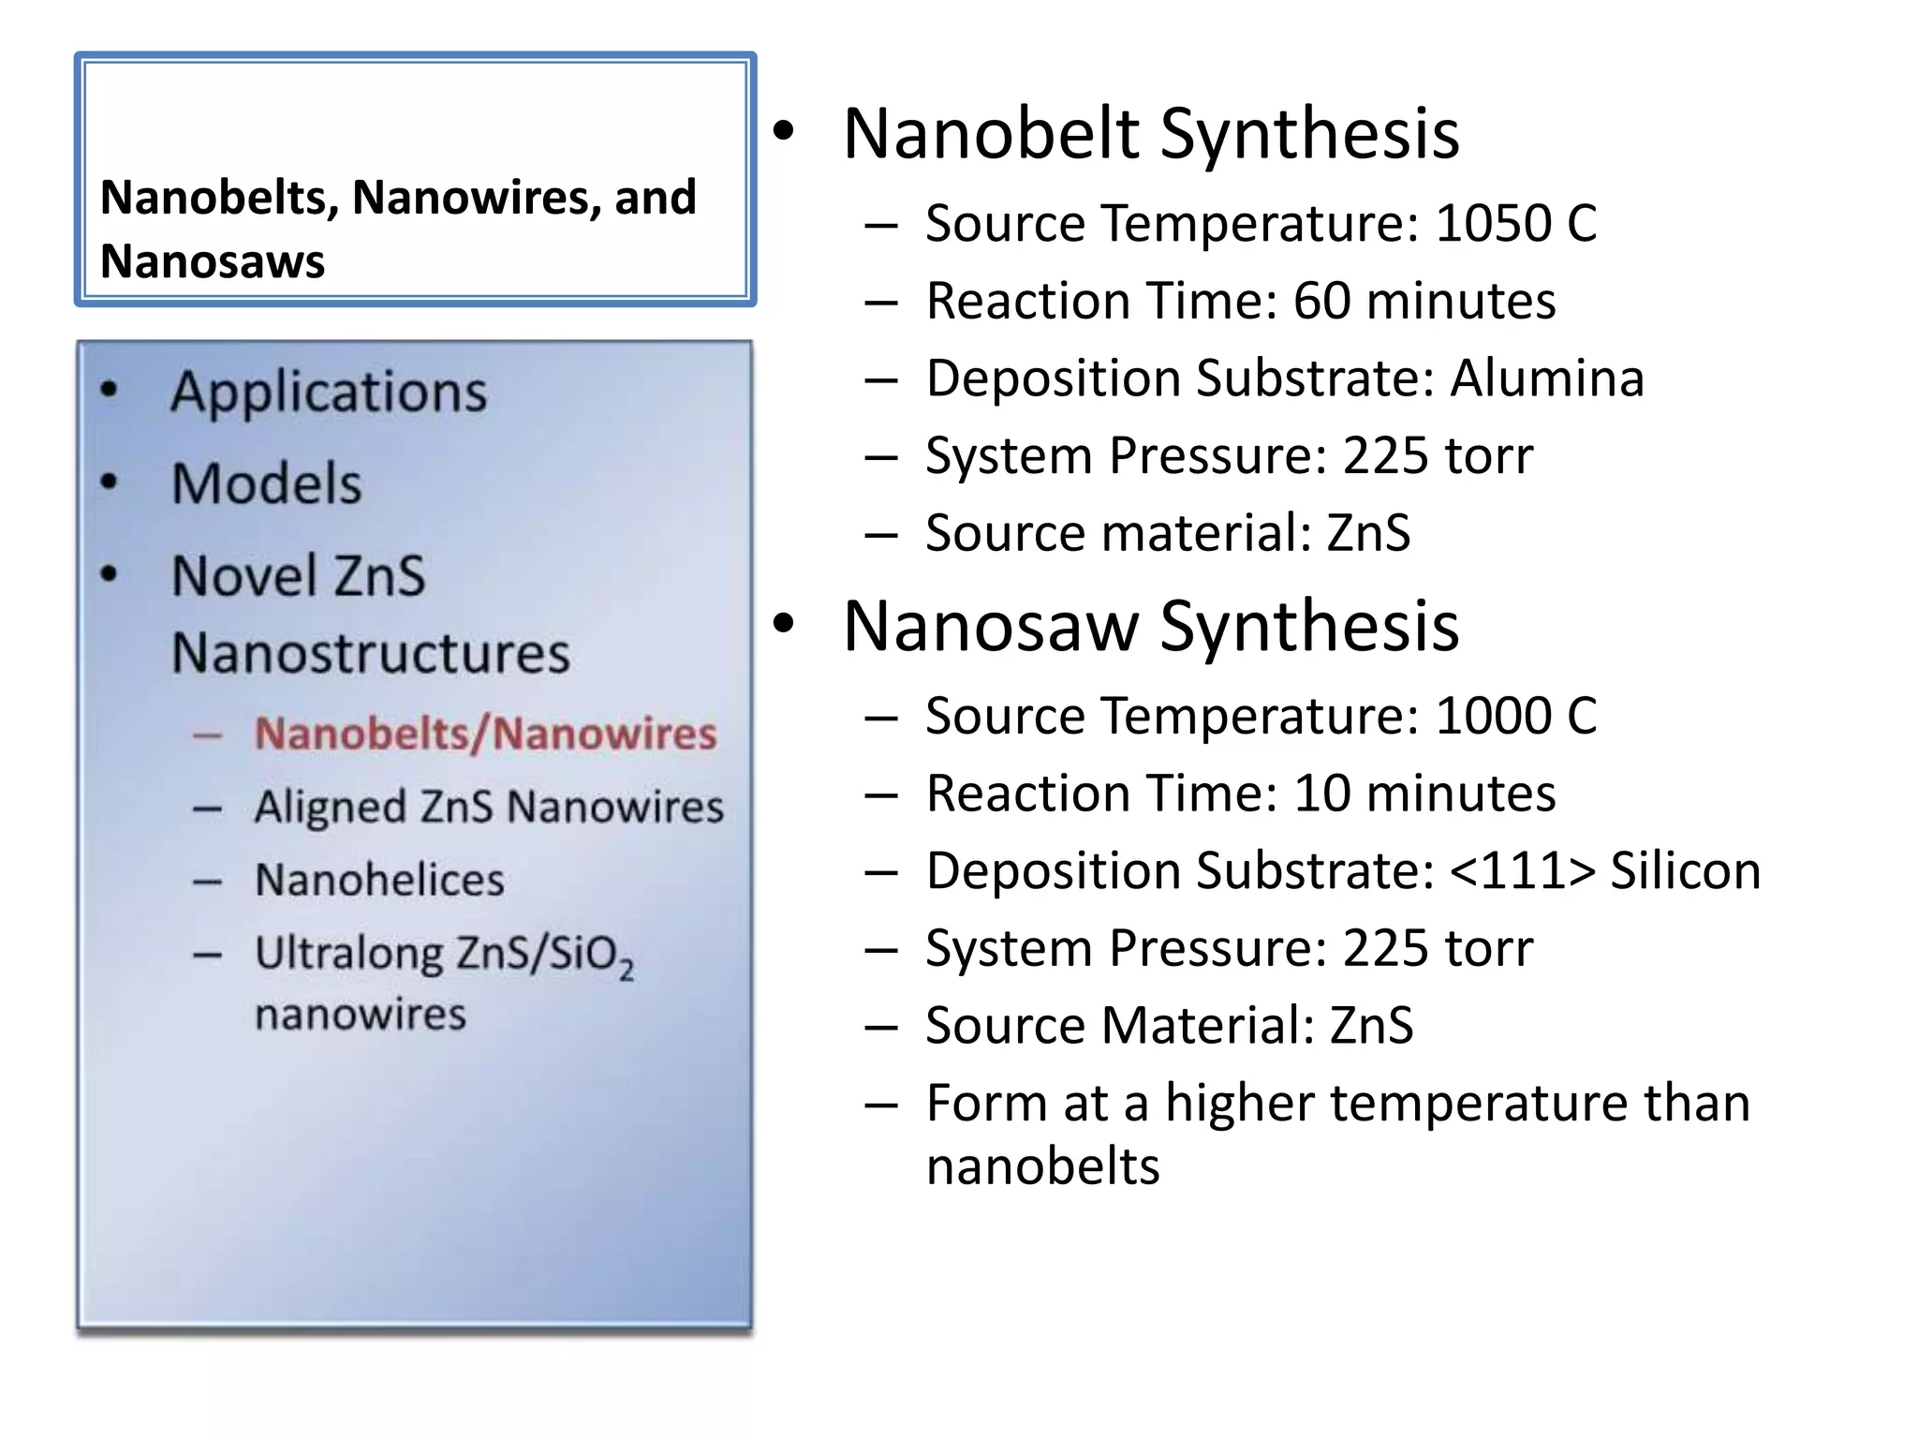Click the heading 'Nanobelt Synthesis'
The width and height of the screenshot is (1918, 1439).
point(1150,134)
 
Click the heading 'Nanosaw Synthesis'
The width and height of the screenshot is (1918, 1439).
point(1150,626)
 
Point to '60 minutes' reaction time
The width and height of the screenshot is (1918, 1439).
point(1424,302)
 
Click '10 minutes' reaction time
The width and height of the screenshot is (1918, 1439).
point(1424,794)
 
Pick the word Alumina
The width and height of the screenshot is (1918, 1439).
point(1546,378)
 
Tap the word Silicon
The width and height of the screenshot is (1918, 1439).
point(1685,871)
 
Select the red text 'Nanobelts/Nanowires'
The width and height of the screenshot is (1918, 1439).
point(485,734)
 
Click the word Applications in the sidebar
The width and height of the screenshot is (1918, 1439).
point(329,393)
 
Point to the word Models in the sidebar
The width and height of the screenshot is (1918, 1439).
point(266,484)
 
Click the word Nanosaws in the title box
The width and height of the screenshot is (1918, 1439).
point(213,261)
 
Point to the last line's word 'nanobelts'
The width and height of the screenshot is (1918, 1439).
point(1042,1167)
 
